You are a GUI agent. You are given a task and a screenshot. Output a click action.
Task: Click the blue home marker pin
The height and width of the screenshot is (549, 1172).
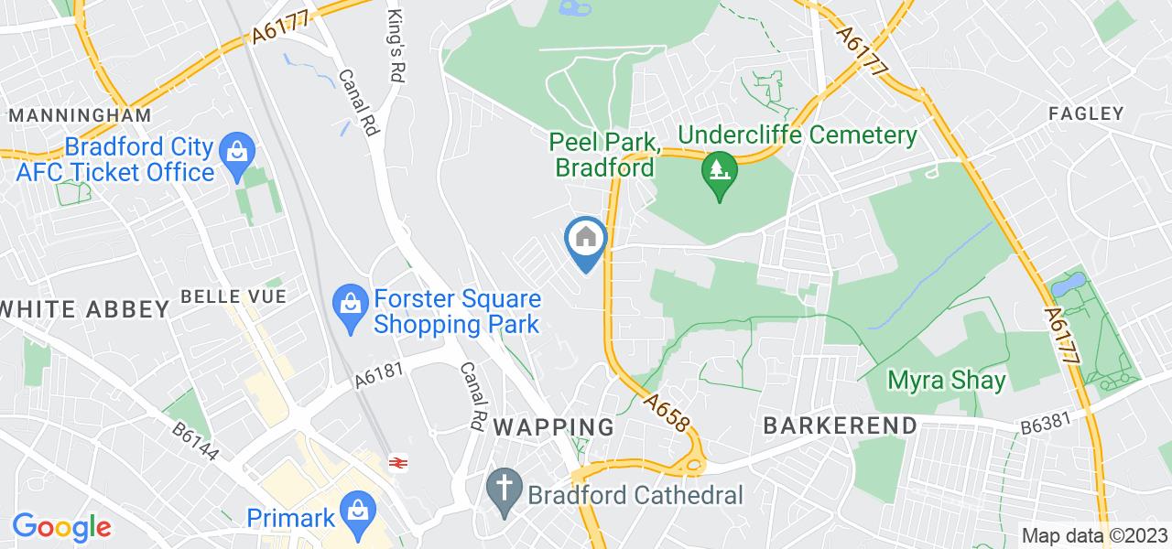point(586,242)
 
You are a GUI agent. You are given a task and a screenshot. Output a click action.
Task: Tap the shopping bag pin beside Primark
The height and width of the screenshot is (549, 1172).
point(355,511)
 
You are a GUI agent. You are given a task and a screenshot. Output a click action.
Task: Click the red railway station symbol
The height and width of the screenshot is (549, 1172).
point(397,463)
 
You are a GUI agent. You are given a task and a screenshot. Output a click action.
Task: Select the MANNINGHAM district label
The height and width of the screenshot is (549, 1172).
point(80,116)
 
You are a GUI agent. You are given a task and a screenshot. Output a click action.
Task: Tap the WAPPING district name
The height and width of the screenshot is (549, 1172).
point(554,426)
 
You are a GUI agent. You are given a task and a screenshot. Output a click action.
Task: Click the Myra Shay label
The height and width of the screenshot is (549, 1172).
point(947,380)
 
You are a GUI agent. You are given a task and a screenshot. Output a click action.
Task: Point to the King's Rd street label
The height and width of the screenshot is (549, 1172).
point(396,31)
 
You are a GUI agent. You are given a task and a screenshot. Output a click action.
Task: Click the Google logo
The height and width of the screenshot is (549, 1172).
point(61,527)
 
